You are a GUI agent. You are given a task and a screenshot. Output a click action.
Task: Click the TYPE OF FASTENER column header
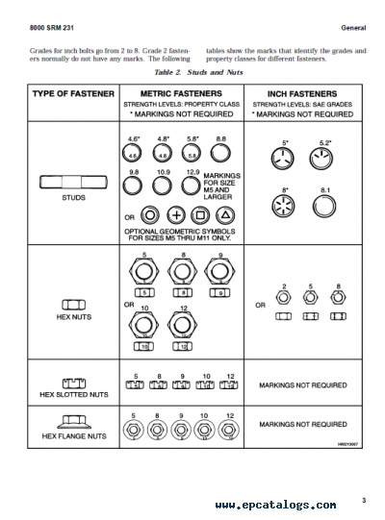pyautogui.click(x=73, y=94)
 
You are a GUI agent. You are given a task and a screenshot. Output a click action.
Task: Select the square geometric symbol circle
pyautogui.click(x=200, y=215)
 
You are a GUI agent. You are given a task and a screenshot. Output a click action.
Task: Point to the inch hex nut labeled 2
pyautogui.click(x=284, y=299)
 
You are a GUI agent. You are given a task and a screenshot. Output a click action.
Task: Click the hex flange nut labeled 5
pyautogui.click(x=135, y=427)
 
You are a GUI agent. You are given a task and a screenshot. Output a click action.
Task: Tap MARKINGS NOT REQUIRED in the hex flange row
pyautogui.click(x=304, y=424)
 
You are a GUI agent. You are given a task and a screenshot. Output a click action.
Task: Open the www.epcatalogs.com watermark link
pyautogui.click(x=275, y=505)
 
